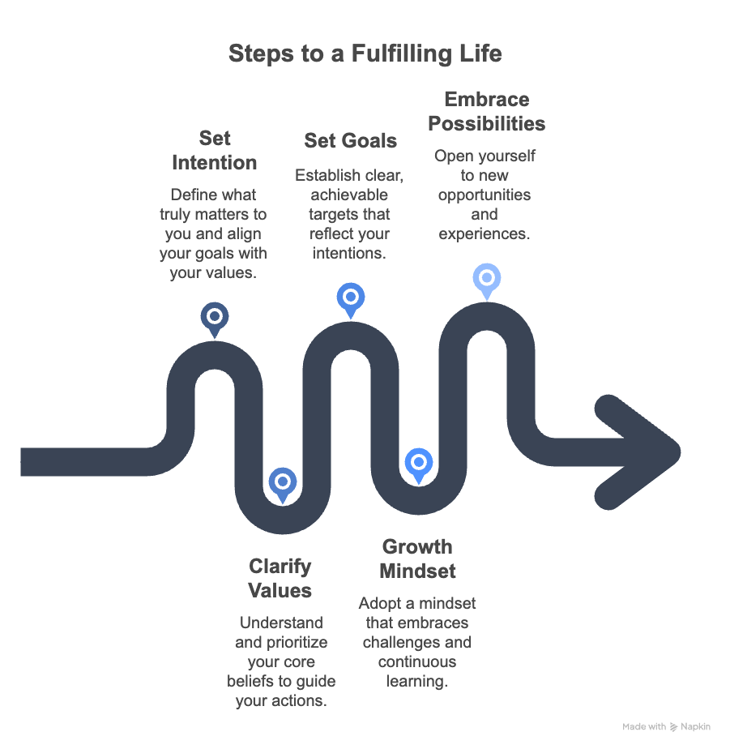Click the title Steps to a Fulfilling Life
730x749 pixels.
(365, 53)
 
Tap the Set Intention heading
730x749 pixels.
(214, 150)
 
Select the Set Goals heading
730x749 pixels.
(350, 140)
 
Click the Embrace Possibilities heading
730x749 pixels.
(486, 112)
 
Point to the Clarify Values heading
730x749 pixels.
(280, 578)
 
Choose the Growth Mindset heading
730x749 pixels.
(417, 559)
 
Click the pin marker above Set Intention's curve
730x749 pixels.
(215, 317)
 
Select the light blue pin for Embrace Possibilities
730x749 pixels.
(486, 280)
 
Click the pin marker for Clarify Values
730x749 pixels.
(282, 483)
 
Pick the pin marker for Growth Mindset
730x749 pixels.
(418, 464)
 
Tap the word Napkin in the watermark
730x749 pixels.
(696, 727)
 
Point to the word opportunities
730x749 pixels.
(484, 195)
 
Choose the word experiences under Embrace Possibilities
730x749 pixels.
(484, 234)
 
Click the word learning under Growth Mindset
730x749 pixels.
(416, 681)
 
